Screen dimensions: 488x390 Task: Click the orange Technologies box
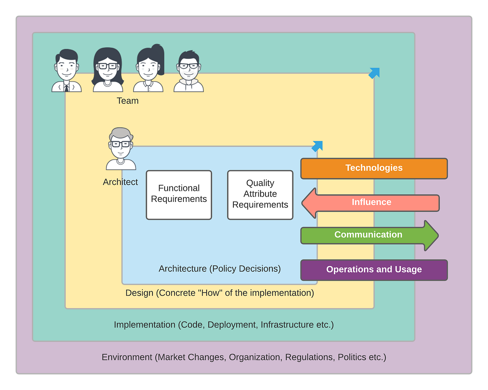[374, 168]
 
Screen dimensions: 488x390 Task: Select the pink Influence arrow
[370, 203]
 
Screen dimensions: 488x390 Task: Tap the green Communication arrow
[369, 236]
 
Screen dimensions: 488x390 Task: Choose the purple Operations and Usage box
[374, 270]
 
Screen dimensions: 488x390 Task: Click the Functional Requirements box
[179, 195]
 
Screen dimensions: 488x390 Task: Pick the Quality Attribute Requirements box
[260, 195]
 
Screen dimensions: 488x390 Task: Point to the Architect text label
[120, 182]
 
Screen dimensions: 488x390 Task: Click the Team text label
[127, 101]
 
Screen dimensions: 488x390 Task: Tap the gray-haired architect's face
[121, 146]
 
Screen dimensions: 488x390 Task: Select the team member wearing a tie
[66, 70]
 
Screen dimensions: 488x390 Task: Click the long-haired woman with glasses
[107, 69]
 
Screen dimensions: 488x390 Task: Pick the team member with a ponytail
[148, 68]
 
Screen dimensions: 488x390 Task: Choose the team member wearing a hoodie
[188, 71]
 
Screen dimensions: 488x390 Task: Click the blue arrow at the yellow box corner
[374, 73]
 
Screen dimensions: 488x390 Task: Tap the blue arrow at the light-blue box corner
[317, 146]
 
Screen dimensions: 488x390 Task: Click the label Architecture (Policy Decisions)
[220, 269]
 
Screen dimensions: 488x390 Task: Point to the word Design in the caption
[139, 293]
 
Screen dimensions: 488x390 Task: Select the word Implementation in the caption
[144, 325]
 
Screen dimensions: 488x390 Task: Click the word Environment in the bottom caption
[127, 357]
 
